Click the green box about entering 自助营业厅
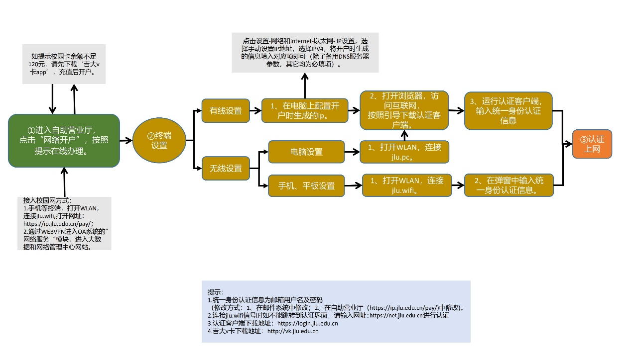[64, 140]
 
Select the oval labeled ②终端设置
[159, 140]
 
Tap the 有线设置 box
[226, 111]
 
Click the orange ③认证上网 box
[592, 144]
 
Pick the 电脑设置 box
[306, 152]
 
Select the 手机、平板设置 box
[306, 186]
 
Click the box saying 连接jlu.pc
[405, 152]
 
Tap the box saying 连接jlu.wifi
[406, 185]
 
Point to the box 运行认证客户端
[508, 110]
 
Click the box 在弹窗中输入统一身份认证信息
[508, 185]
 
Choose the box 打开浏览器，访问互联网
[404, 110]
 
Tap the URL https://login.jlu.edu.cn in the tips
[308, 324]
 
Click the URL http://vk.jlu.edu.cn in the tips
[293, 331]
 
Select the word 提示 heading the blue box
[215, 292]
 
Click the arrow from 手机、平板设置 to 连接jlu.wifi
[353, 186]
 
